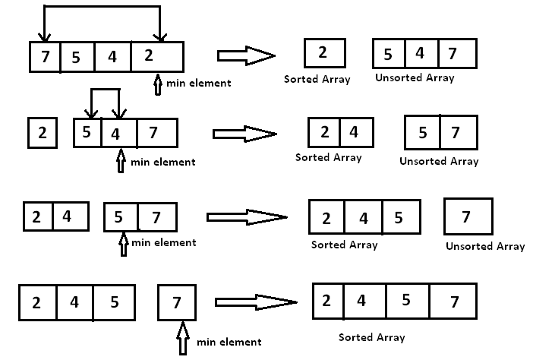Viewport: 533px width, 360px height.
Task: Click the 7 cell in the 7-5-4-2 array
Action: tap(45, 57)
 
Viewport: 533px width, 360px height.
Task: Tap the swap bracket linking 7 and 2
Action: tap(102, 7)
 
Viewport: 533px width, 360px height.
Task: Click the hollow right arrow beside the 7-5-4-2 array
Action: tap(245, 55)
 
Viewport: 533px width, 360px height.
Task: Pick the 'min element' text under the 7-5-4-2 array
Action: tap(199, 83)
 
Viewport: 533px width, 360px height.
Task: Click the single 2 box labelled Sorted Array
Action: tap(324, 52)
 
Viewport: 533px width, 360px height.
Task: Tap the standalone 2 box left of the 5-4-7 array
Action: tap(43, 133)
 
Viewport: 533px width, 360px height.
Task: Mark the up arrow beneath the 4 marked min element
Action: tap(120, 160)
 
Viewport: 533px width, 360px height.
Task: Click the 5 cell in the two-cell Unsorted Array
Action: tap(423, 133)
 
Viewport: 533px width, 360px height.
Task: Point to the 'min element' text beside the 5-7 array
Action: tap(163, 243)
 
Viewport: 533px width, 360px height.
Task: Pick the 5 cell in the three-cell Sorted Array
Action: tap(400, 219)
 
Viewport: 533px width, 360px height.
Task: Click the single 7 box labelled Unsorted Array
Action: tap(467, 217)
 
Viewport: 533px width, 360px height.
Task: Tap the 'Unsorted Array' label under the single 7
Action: tap(484, 246)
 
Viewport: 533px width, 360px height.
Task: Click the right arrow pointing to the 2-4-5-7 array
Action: tap(254, 302)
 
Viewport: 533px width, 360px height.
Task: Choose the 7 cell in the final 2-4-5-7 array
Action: tap(453, 301)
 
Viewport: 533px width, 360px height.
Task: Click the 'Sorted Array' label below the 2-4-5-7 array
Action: tap(372, 336)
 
